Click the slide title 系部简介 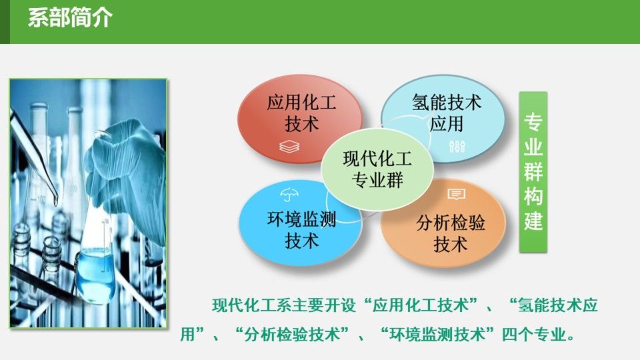(70, 18)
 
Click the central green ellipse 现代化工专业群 (377, 169)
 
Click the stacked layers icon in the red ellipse (289, 147)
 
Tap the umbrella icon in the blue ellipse (289, 195)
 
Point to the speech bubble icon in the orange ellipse (456, 194)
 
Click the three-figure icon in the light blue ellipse (457, 146)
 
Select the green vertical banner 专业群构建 (533, 172)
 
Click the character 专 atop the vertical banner (533, 121)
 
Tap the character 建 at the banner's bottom (533, 221)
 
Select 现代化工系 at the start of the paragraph (252, 305)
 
